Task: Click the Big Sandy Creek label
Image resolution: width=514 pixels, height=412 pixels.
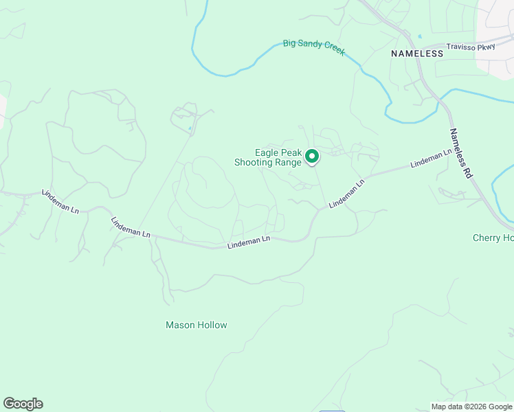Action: [314, 47]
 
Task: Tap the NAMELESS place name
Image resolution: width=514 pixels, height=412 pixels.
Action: [417, 53]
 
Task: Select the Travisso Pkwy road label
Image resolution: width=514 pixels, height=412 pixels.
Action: [471, 47]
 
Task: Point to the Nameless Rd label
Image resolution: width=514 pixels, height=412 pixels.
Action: [460, 154]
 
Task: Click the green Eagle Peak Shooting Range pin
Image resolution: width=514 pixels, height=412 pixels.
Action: [312, 157]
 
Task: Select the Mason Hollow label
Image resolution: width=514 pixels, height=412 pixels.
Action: [197, 325]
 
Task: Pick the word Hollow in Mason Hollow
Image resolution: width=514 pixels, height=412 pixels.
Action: [212, 325]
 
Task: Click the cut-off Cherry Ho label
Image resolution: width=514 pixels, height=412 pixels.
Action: [493, 238]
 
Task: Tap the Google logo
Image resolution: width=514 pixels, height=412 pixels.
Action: [23, 404]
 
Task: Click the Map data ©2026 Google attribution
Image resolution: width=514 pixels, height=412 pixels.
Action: [471, 407]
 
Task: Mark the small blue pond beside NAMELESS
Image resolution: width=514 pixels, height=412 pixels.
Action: [419, 36]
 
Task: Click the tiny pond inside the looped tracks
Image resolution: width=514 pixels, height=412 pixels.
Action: [190, 128]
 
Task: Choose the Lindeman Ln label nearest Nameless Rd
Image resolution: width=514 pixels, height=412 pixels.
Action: [431, 159]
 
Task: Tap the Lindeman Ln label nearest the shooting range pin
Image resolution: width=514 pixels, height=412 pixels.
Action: [346, 195]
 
